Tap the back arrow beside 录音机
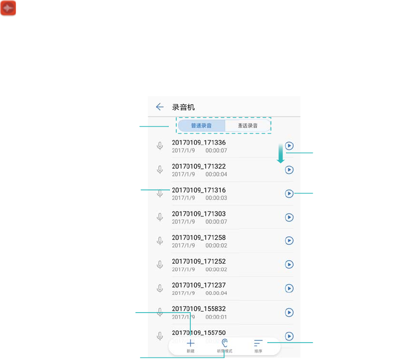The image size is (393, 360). (159, 107)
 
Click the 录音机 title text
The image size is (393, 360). (183, 107)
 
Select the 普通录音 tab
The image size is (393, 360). (201, 126)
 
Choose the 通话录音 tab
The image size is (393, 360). (248, 126)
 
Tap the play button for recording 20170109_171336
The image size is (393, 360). (289, 146)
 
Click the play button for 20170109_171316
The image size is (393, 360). (289, 193)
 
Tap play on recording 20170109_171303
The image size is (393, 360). (289, 217)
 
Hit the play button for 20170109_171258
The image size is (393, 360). (289, 241)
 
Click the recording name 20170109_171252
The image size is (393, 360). (199, 261)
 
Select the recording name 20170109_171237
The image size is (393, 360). (199, 285)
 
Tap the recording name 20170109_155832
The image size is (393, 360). (199, 309)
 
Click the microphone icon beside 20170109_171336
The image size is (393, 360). (160, 146)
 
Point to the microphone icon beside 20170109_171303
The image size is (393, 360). (160, 217)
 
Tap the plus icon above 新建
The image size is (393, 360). (190, 343)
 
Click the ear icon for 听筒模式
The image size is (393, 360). (225, 343)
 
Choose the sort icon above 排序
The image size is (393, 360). (258, 343)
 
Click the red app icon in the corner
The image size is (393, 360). (8, 8)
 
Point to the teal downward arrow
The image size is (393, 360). (280, 153)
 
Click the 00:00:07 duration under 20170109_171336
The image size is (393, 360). (216, 151)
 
